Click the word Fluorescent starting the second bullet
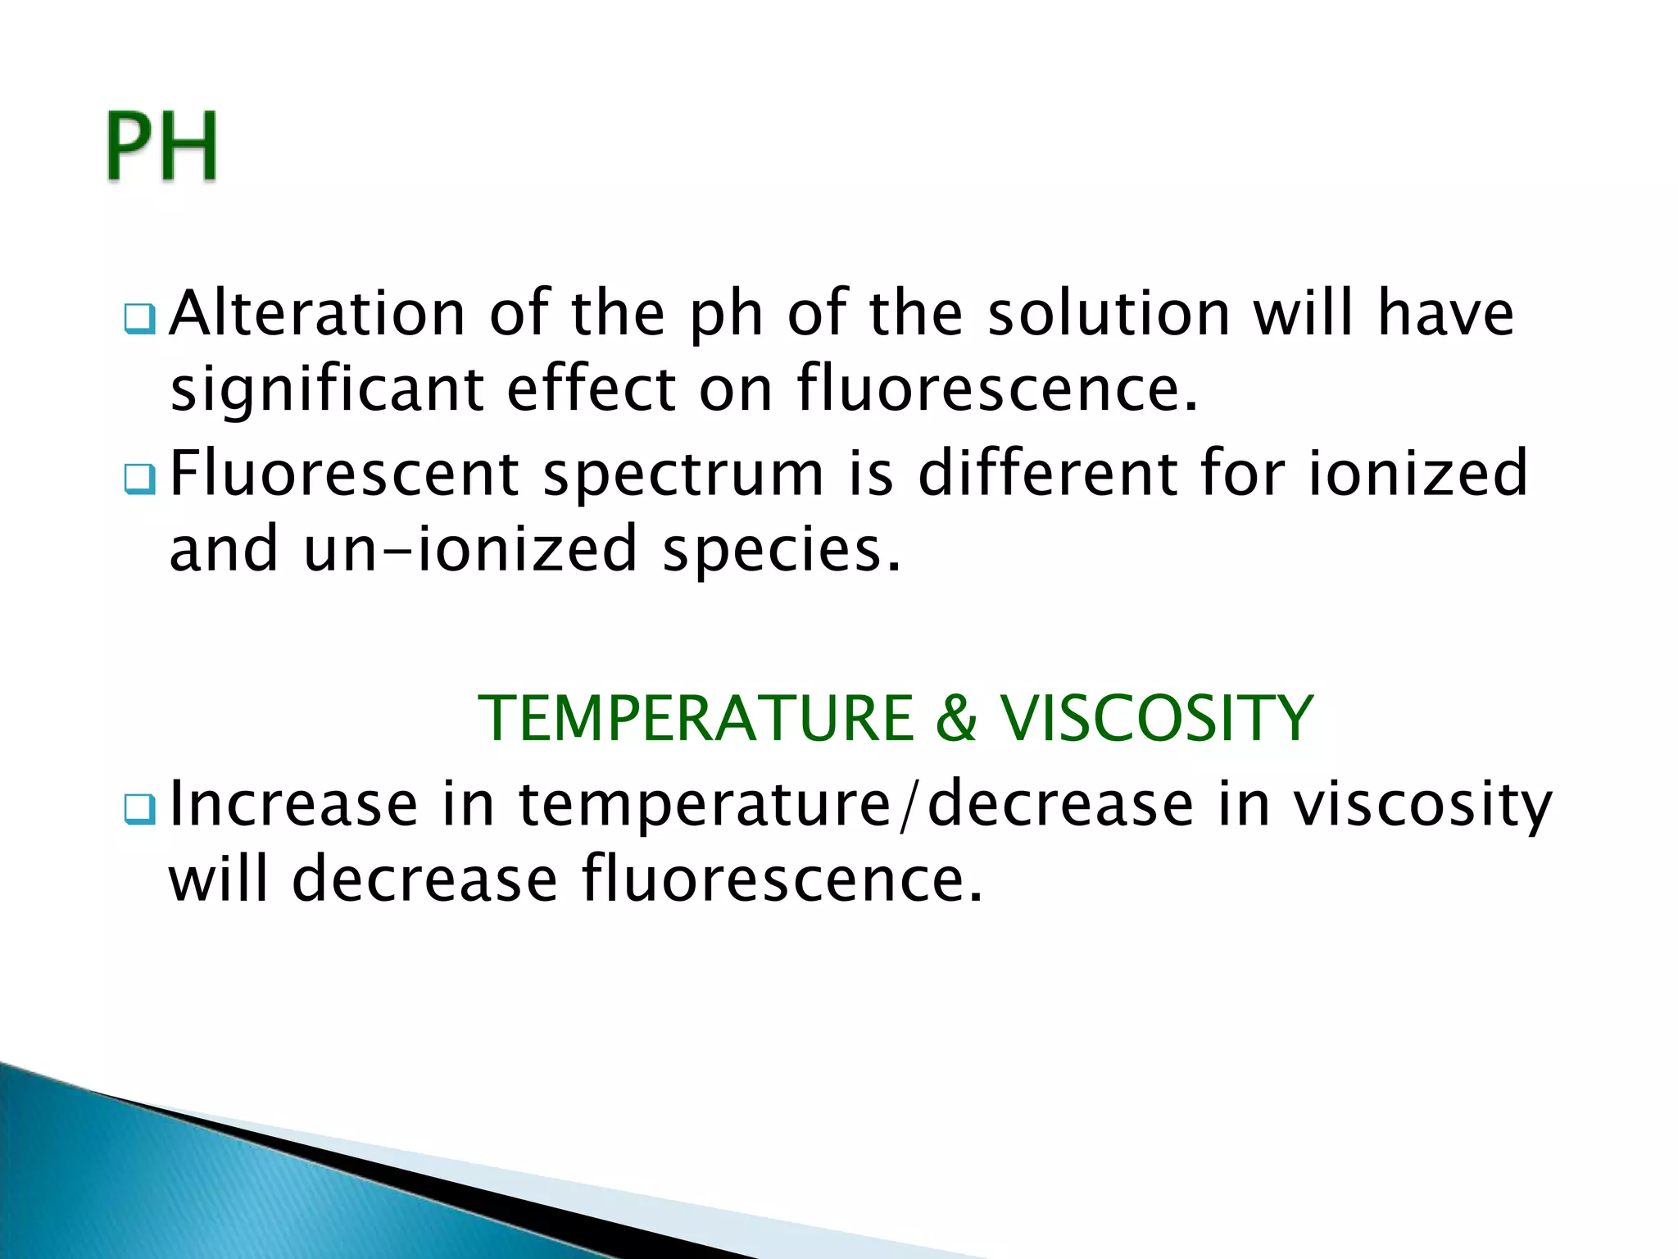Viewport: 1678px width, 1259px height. tap(344, 474)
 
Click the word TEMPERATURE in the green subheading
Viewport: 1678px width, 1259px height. tap(696, 719)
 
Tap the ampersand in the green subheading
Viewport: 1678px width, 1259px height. tap(956, 719)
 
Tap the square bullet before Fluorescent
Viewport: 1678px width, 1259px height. tap(139, 480)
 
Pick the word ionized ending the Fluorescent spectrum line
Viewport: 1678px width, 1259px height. tap(1417, 474)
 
